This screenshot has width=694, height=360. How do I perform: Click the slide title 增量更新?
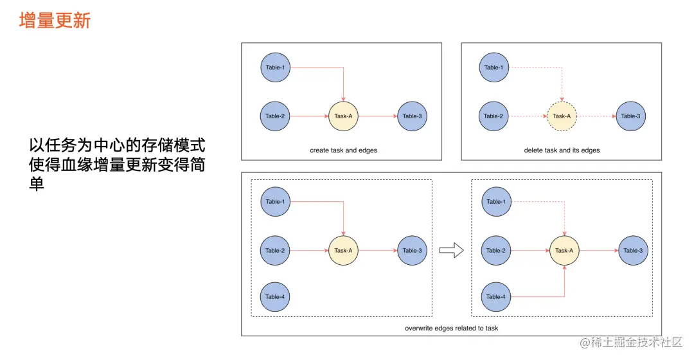tap(55, 21)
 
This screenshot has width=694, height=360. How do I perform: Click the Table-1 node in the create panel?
tap(275, 67)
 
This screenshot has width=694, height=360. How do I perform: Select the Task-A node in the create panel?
tap(343, 116)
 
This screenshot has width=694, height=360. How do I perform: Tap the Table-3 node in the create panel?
tap(412, 116)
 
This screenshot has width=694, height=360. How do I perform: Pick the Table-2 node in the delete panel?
tap(494, 116)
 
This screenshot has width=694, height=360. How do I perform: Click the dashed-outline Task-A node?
tap(562, 116)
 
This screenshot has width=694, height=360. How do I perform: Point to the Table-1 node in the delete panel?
tap(494, 67)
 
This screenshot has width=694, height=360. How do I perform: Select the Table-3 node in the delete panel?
tap(630, 116)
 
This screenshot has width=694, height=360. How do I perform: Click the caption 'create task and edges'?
tap(343, 150)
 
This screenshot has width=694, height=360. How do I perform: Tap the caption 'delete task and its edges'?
tap(562, 150)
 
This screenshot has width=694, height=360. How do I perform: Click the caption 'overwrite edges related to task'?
tap(451, 328)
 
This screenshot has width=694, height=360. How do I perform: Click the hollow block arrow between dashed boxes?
tap(451, 251)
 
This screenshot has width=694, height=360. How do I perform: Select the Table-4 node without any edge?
tap(274, 297)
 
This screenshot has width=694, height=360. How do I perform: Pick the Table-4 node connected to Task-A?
tap(495, 297)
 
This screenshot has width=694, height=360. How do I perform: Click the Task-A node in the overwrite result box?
tap(564, 251)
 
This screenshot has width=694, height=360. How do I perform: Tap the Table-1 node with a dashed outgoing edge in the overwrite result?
tap(495, 202)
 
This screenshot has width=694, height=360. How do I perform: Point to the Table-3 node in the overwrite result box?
tap(632, 251)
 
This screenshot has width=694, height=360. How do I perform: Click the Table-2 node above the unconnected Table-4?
tap(274, 251)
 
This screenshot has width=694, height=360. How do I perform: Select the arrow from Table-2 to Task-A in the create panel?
tap(308, 116)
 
